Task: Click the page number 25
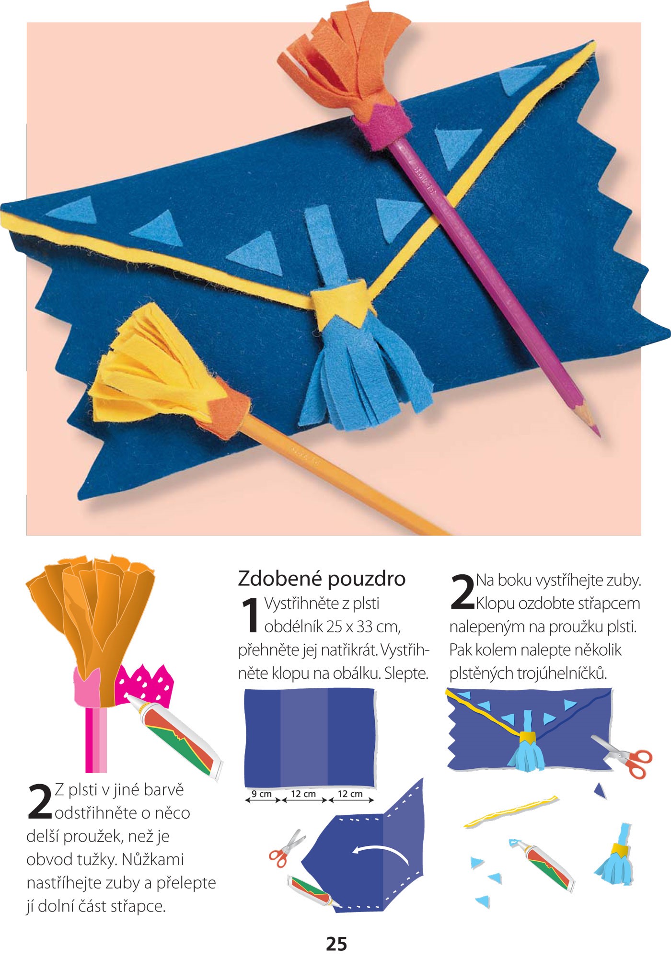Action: (x=336, y=943)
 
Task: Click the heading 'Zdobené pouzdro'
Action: (x=322, y=579)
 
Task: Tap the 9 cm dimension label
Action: (x=262, y=794)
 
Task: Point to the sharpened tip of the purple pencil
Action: (x=599, y=434)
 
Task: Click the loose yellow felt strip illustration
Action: (x=511, y=811)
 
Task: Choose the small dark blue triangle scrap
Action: (x=601, y=791)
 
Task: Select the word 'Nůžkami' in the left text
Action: (x=152, y=860)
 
